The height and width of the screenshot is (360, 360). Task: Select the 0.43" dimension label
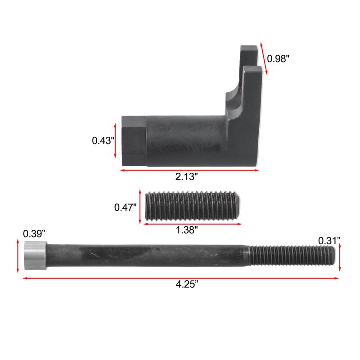click(102, 140)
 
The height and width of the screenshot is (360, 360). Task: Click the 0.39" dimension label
click(34, 234)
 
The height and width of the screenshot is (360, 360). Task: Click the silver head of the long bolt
click(35, 256)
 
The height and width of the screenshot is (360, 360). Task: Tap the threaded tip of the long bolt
click(292, 256)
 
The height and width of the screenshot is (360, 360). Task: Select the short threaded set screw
click(193, 207)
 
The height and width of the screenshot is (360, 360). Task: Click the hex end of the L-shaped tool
click(133, 140)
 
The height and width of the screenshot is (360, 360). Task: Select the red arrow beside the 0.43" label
click(116, 141)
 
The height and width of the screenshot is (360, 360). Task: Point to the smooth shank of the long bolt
click(148, 256)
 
